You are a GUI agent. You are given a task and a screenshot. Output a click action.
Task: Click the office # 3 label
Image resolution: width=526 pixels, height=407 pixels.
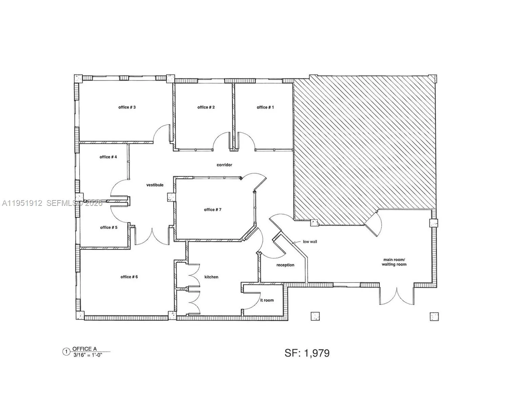coord(127,107)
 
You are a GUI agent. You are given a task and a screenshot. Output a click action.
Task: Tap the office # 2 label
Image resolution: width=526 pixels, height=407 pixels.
coord(206,107)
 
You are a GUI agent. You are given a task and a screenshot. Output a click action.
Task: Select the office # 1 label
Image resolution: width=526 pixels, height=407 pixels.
coord(265,107)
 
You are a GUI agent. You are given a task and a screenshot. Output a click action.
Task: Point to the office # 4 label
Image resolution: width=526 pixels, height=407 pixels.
coord(108,157)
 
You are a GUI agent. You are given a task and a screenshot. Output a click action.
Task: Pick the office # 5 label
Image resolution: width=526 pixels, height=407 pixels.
coord(109,227)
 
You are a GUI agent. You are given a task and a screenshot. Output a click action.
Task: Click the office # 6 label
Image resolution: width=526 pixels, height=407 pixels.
coord(129,277)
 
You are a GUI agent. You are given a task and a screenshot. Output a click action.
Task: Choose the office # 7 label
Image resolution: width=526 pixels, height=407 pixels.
coord(213,210)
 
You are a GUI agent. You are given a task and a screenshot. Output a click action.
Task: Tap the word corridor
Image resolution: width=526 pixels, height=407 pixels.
coord(224,165)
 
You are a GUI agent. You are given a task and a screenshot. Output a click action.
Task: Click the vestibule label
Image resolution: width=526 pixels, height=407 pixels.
coord(155,185)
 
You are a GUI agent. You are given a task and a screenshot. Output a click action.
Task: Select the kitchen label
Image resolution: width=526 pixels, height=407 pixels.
coord(211,277)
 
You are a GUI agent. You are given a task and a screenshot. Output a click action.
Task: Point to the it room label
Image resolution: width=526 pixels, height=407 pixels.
coord(267,300)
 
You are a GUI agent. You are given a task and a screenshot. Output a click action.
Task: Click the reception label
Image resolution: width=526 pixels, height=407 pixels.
coord(285,265)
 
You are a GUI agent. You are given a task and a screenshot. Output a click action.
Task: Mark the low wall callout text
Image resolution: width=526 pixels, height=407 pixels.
coord(310,242)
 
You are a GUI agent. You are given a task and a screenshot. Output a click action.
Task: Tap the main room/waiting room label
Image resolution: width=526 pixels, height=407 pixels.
coord(394,262)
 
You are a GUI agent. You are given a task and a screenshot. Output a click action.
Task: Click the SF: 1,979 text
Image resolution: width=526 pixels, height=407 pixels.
coord(307,353)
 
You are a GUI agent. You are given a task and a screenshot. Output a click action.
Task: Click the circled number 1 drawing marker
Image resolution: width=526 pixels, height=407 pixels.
coord(66,352)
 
